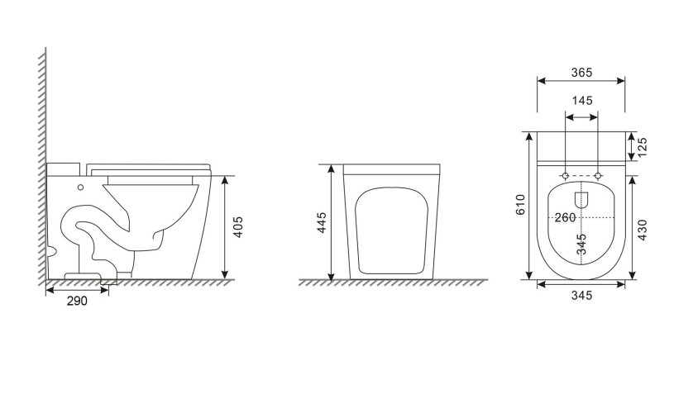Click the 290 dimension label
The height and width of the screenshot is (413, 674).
point(77,301)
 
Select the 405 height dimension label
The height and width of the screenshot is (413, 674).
point(237,226)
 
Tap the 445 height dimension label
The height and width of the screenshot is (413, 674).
point(322,222)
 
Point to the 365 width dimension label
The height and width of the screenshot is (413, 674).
point(581,73)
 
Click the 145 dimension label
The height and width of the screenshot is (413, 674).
point(582,101)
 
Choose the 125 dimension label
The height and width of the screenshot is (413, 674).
point(642,147)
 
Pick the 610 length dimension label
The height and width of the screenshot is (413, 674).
point(520,204)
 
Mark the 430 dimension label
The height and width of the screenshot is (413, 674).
point(642,230)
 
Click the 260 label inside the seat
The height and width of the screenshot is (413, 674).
point(565,218)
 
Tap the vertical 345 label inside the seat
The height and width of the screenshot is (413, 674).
point(581,244)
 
